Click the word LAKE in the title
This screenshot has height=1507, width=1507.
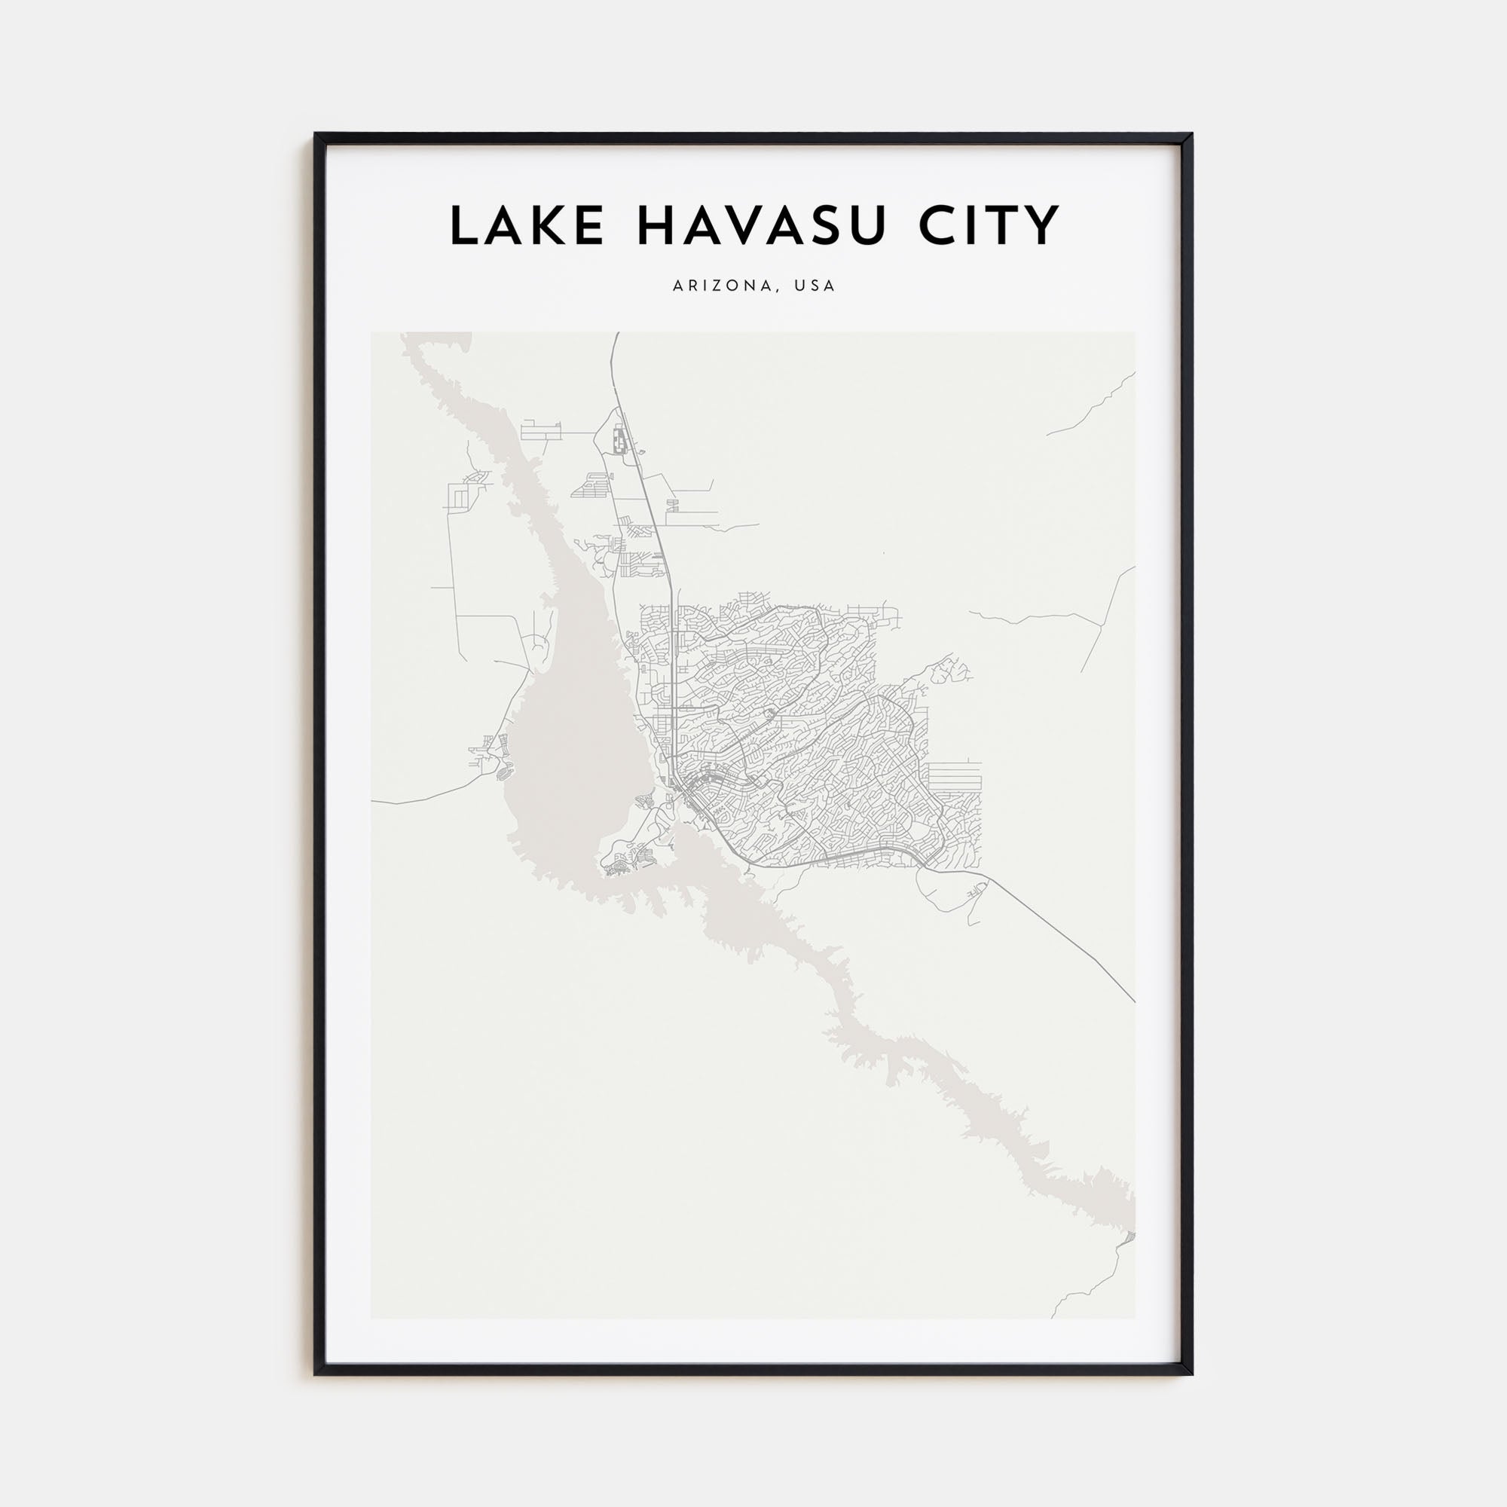tap(527, 226)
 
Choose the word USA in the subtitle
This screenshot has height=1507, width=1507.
tap(815, 286)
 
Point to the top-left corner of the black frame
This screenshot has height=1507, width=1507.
tap(316, 134)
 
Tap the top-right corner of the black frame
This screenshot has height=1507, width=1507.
tap(1191, 134)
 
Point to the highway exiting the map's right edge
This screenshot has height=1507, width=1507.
tap(1133, 1000)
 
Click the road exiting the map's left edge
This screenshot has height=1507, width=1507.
tap(374, 801)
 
